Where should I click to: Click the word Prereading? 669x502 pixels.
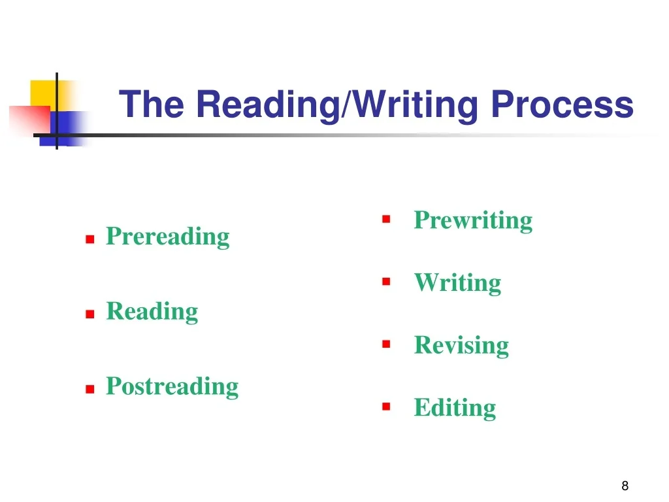(168, 237)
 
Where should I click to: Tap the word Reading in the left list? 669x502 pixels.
(152, 312)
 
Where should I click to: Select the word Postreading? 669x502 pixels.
(172, 387)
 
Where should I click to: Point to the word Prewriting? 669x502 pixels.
(473, 221)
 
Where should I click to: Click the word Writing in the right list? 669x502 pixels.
(458, 283)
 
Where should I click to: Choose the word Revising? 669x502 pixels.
(462, 345)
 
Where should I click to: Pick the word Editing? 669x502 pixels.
(455, 408)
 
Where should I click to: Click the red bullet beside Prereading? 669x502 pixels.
(90, 239)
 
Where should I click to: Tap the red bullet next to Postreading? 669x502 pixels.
(90, 390)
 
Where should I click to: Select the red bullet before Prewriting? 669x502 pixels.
(386, 220)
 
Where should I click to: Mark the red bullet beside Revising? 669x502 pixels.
(386, 344)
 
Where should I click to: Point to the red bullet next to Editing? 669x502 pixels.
(386, 407)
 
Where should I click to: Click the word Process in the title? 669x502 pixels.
(562, 104)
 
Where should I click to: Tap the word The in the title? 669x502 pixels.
(152, 104)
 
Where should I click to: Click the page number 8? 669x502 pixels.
(625, 486)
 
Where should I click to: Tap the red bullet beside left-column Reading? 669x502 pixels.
(90, 314)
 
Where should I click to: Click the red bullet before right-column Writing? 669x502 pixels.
(386, 282)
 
